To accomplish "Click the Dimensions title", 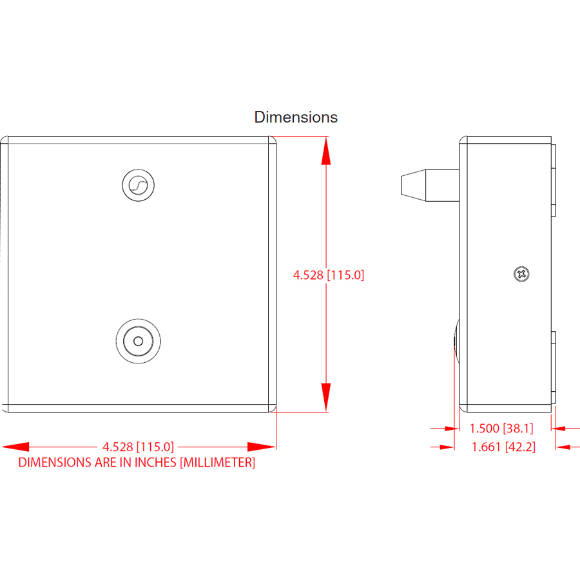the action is tap(296, 117).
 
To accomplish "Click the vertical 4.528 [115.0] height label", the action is tap(329, 275).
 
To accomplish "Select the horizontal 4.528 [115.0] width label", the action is tap(138, 447).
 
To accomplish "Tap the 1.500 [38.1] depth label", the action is tap(501, 429).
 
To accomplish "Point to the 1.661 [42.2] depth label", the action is tap(503, 447).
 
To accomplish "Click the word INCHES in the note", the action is tap(155, 462).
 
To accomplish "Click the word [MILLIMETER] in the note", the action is tap(218, 462).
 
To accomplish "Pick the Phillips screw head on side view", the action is tap(521, 274).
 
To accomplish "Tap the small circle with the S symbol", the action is tap(139, 185).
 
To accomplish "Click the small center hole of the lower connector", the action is tap(139, 341).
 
